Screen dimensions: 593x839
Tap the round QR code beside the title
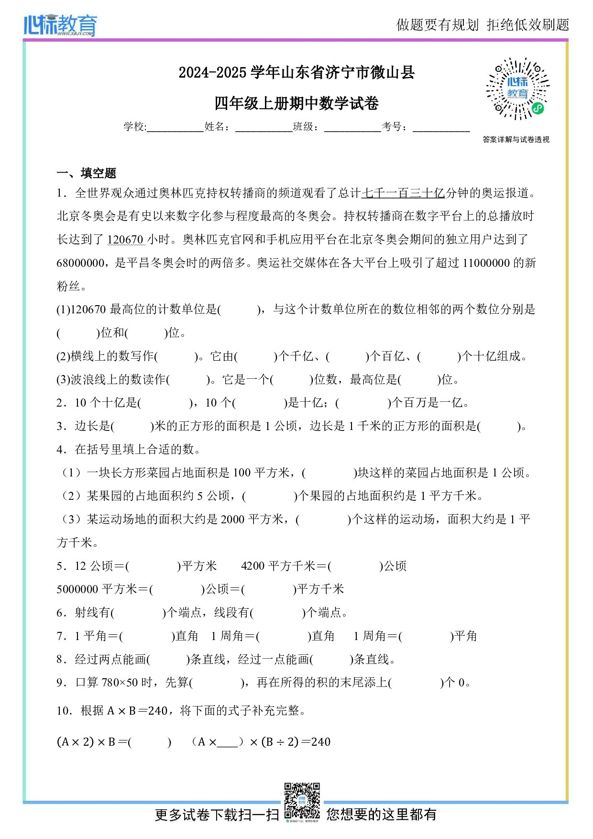[517, 89]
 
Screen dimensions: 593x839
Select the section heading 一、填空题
[87, 173]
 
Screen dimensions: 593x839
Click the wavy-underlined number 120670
[125, 240]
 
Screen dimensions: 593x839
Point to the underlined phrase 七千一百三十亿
[403, 193]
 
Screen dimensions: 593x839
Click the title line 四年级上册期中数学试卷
[296, 103]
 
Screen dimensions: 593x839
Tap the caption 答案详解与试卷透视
[516, 140]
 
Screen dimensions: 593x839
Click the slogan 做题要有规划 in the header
[437, 25]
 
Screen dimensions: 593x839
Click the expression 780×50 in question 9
[120, 683]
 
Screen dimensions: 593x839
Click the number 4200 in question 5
[253, 566]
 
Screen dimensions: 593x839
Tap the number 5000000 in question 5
[77, 589]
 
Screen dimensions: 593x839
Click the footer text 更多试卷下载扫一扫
[217, 815]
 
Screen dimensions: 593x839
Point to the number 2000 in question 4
[232, 519]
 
